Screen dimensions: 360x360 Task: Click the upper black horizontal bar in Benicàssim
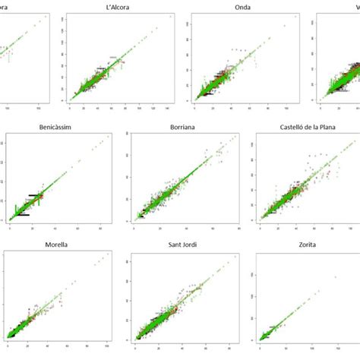pos(36,196)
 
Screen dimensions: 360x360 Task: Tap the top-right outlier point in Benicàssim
pos(109,136)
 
